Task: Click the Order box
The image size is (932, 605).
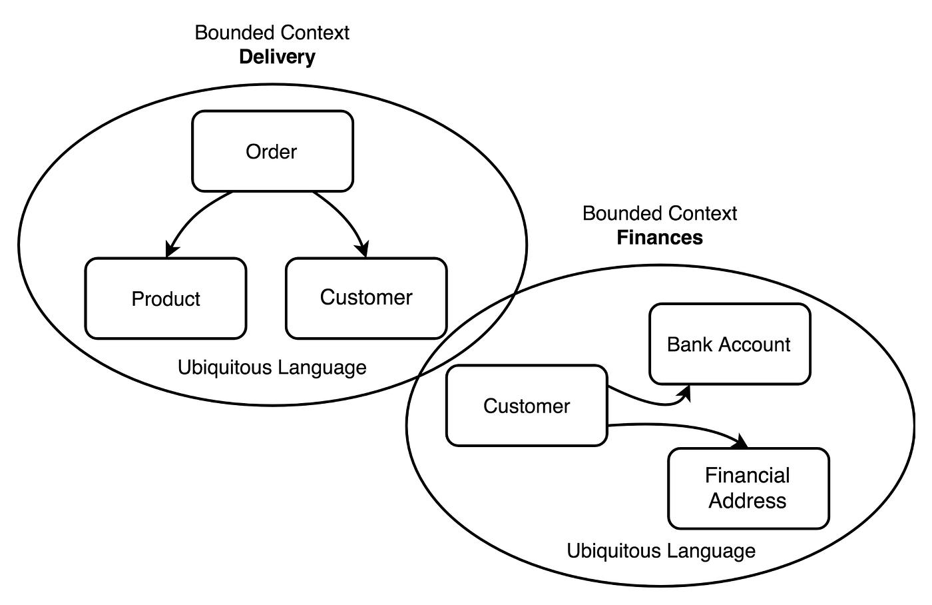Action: (272, 151)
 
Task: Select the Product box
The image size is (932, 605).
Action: (166, 299)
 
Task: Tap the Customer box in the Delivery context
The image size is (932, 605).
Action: (366, 297)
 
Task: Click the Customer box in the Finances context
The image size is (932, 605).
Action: (527, 406)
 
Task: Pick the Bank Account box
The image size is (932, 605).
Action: (730, 344)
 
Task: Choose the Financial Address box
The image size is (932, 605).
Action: (748, 488)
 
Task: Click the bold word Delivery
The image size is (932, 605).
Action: (277, 57)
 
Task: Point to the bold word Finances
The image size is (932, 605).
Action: (660, 237)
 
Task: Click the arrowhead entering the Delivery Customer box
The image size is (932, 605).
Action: (362, 251)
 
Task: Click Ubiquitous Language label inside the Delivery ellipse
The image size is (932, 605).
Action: (272, 367)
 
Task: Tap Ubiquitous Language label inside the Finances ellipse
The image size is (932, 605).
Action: (661, 551)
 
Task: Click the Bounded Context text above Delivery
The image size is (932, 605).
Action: (272, 33)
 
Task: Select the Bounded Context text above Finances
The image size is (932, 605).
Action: (660, 213)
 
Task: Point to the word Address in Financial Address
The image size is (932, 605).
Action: (747, 501)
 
